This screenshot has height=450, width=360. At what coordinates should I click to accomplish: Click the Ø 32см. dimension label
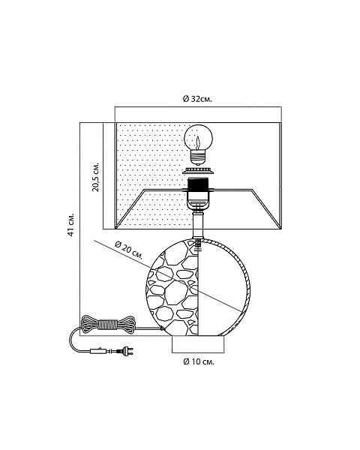[197, 99]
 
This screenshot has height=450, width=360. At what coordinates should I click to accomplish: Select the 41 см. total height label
[71, 225]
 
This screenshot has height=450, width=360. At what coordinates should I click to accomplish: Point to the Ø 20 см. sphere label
[129, 250]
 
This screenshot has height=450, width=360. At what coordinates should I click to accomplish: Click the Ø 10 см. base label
[199, 361]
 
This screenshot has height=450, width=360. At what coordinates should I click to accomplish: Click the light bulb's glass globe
[198, 138]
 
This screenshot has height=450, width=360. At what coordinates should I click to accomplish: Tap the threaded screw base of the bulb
[198, 158]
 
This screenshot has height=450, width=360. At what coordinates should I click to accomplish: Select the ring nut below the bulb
[198, 171]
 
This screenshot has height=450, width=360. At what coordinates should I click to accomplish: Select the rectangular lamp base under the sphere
[198, 344]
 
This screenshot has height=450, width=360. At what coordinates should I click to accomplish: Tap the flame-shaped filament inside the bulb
[198, 142]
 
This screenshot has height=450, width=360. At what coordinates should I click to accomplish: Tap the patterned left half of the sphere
[172, 287]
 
